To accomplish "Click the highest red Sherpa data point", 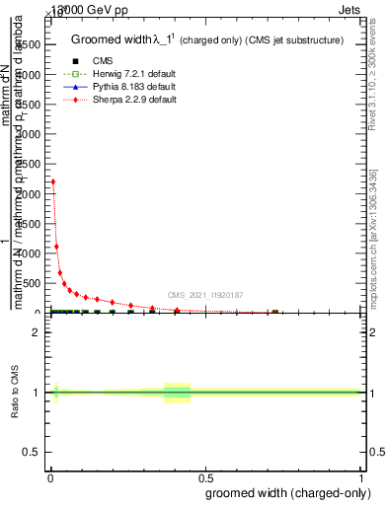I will (53, 181).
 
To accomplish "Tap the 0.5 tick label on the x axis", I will (206, 477).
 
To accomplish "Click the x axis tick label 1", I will (362, 477).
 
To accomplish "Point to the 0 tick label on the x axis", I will (49, 477).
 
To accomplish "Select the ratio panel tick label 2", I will (36, 332).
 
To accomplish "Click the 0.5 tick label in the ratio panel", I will (32, 454).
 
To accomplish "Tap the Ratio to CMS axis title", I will (15, 394).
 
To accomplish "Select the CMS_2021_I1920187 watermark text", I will (204, 295).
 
